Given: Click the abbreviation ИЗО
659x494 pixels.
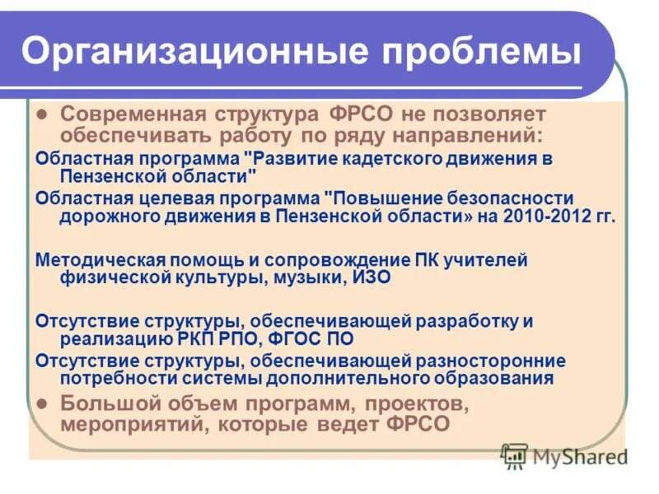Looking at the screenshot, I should pos(372,278).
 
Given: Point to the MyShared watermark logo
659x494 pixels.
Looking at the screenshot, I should pos(563,455).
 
